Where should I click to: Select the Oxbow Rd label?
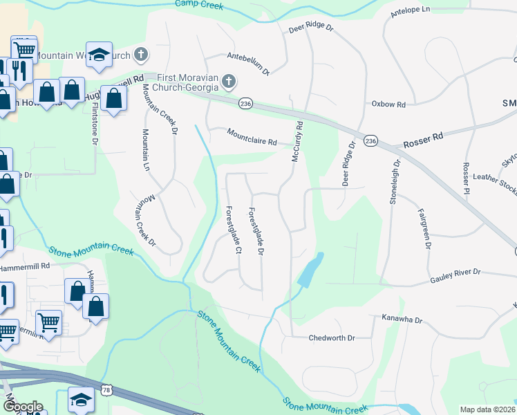click(x=388, y=104)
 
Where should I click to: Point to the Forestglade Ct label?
click(x=233, y=229)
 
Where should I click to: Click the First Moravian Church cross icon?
click(x=228, y=84)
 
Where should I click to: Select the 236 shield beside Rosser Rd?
click(x=370, y=140)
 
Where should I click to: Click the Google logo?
click(x=23, y=406)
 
